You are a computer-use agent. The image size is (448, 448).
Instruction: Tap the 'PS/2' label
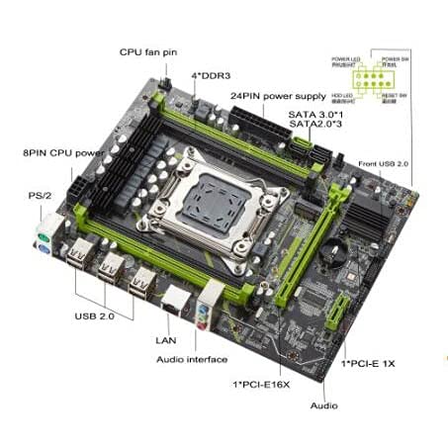(x=42, y=197)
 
